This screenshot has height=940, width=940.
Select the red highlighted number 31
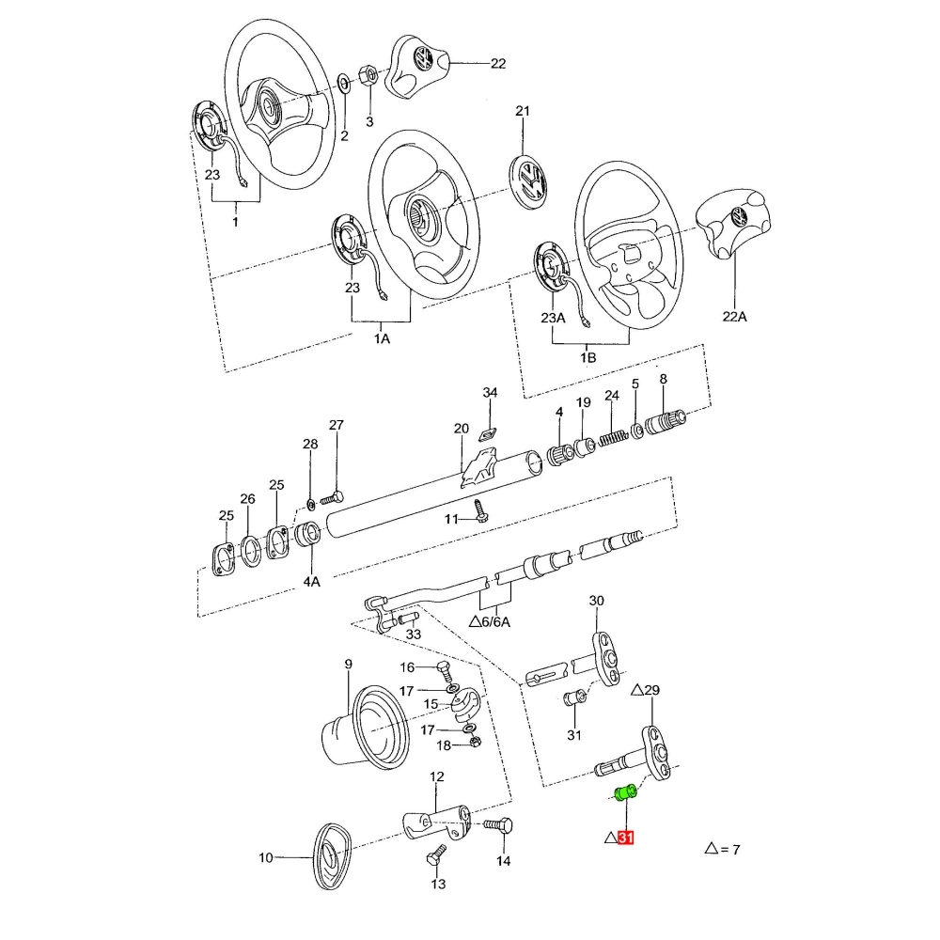click(625, 838)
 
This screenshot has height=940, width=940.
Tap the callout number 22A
click(734, 317)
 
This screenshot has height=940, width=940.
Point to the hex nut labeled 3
click(368, 75)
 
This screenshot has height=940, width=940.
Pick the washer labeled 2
click(345, 84)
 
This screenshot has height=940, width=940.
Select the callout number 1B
click(588, 358)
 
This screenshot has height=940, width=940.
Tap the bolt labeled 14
click(498, 825)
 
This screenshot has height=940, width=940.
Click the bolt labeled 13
click(436, 855)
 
